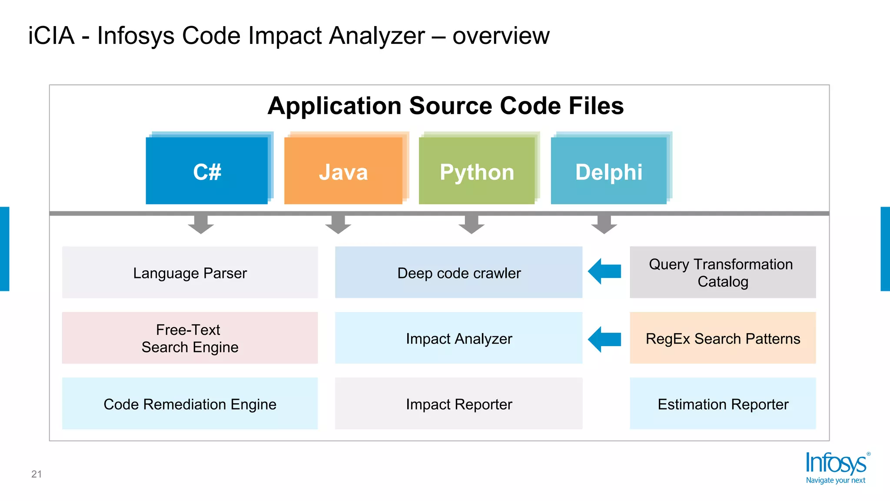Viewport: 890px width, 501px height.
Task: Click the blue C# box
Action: click(x=207, y=171)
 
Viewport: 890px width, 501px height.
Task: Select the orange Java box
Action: click(x=343, y=171)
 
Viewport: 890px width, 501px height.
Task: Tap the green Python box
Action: click(x=477, y=171)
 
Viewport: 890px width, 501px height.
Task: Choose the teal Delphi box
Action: click(x=608, y=171)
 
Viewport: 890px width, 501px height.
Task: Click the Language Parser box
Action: click(x=190, y=273)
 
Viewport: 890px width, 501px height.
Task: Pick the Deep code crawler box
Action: click(x=458, y=273)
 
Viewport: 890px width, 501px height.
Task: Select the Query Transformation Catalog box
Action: click(x=722, y=273)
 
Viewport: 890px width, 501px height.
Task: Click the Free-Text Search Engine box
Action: click(x=190, y=338)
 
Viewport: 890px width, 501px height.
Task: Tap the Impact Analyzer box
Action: click(x=458, y=338)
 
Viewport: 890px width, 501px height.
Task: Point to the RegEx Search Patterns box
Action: click(x=722, y=338)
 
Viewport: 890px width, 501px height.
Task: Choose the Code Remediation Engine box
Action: click(x=190, y=404)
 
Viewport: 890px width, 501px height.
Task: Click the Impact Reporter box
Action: click(x=458, y=404)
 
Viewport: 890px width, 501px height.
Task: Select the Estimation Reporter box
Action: click(x=722, y=404)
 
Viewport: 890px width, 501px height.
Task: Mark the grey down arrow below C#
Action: click(x=201, y=224)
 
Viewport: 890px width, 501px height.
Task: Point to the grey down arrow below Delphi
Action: click(x=604, y=224)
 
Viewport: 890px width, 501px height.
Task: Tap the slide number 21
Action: click(x=37, y=474)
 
